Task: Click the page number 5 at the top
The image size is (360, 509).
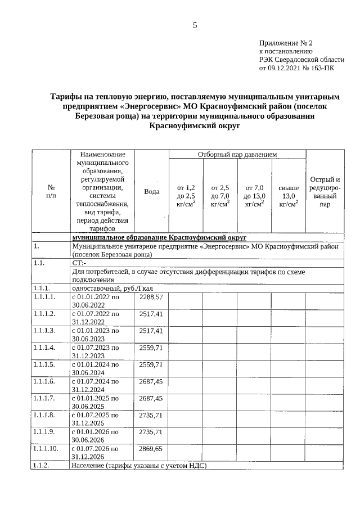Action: [x=195, y=25]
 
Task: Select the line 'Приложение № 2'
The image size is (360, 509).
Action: [x=285, y=43]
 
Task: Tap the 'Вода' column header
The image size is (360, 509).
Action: [x=151, y=192]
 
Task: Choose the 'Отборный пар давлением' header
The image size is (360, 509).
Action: [x=237, y=154]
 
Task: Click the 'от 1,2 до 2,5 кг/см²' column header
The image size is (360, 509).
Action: [x=186, y=195]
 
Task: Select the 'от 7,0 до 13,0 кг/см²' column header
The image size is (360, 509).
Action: [x=254, y=195]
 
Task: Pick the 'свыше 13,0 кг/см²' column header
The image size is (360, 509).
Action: [x=289, y=195]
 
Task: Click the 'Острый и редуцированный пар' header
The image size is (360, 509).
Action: [x=325, y=192]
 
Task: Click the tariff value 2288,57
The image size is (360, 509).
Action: [x=151, y=296]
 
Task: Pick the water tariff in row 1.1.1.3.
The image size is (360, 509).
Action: [x=151, y=330]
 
